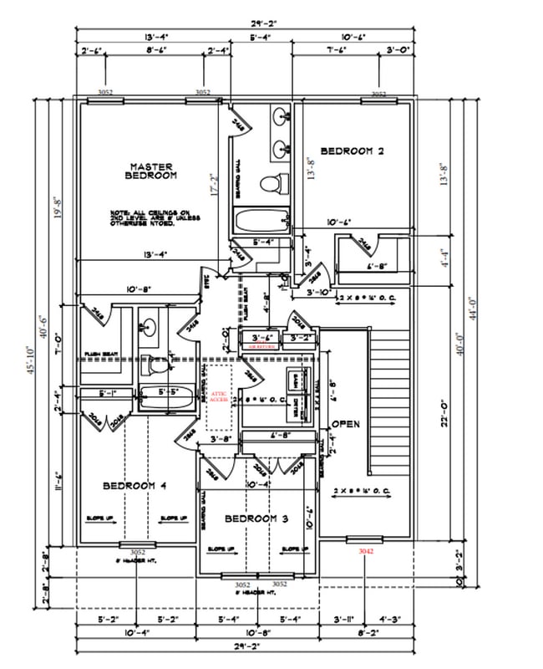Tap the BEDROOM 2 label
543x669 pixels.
coord(352,151)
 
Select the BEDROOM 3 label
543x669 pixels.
coord(256,519)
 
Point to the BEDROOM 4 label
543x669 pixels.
coord(135,486)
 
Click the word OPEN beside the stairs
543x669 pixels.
coord(346,424)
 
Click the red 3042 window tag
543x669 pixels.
coord(366,552)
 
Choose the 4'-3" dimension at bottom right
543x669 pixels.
coord(390,620)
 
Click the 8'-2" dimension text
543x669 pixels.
coord(367,635)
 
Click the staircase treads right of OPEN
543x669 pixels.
coord(390,401)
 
